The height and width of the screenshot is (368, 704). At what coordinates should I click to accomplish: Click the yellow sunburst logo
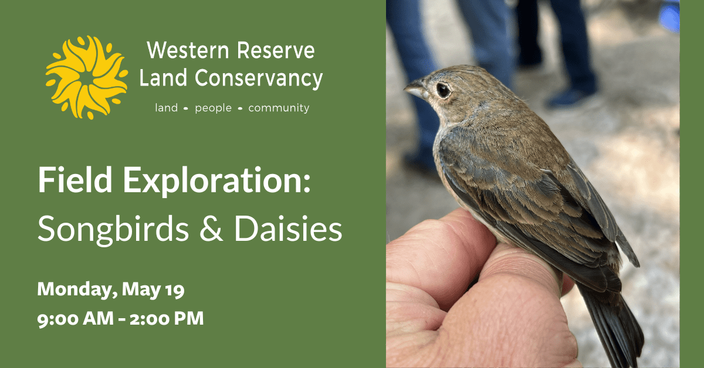86,77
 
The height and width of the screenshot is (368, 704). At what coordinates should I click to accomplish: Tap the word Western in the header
188,50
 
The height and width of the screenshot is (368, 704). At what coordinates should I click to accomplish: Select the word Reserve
276,50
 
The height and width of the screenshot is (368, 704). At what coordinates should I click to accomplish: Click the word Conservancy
259,79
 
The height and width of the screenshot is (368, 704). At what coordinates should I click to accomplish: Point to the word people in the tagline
213,108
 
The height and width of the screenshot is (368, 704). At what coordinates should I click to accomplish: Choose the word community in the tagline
279,108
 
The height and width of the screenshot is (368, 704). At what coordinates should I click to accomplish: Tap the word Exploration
217,181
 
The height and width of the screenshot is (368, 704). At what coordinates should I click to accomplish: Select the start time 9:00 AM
76,319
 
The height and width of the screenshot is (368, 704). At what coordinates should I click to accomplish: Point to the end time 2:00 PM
167,318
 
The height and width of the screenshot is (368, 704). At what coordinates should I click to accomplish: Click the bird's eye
443,90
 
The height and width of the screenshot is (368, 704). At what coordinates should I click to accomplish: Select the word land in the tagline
166,108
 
